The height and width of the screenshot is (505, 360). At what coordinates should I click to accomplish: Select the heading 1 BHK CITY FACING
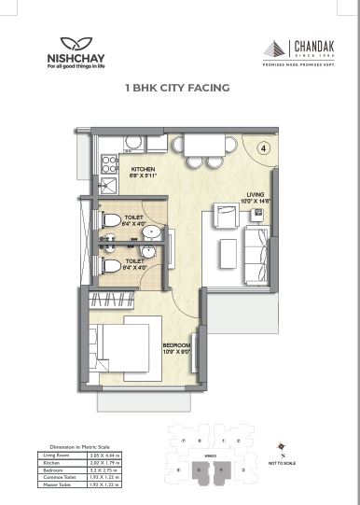pos(177,90)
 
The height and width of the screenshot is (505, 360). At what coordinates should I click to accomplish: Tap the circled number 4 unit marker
pos(263,147)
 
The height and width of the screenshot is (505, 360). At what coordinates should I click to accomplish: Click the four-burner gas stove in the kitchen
pos(109,167)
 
